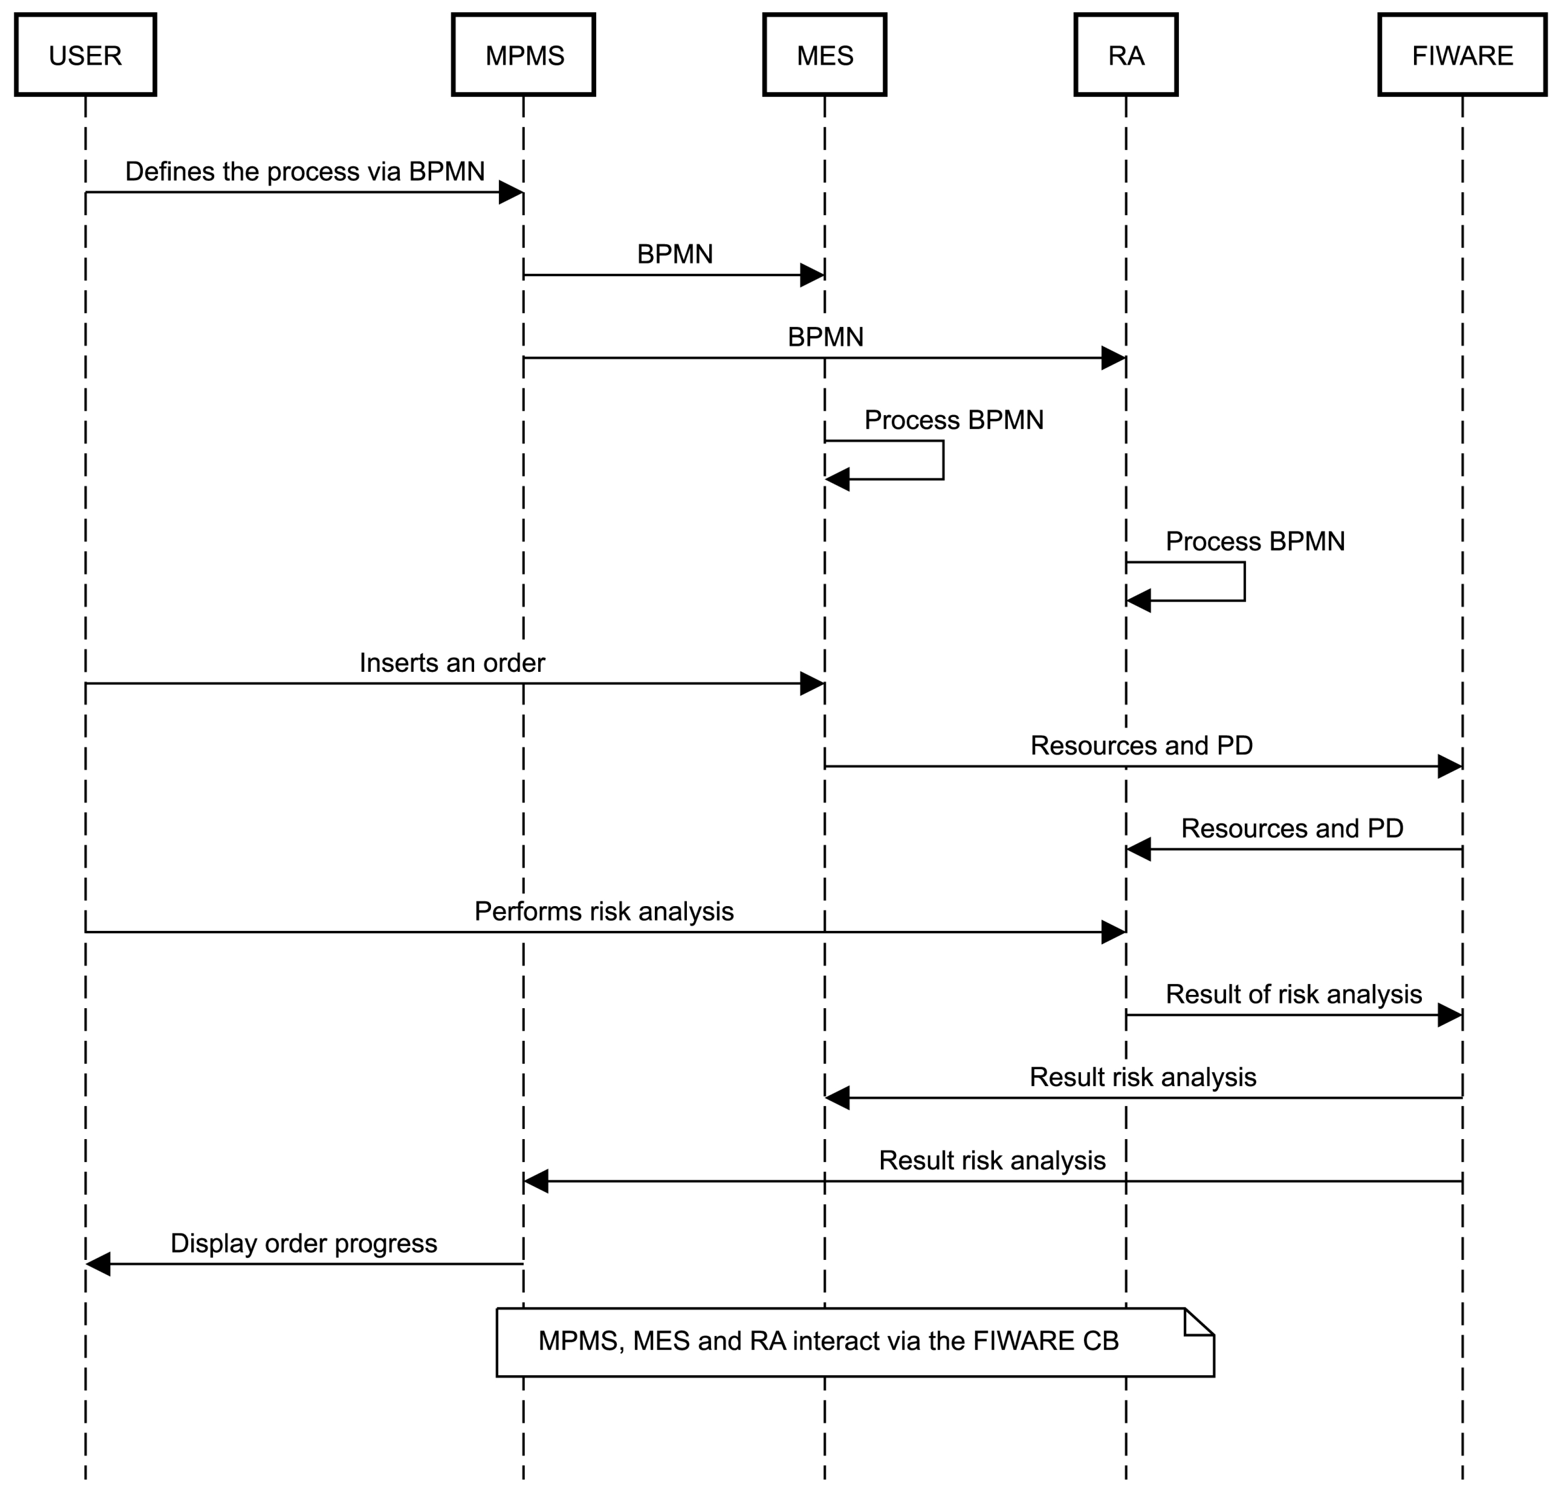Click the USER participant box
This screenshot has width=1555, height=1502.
(x=85, y=55)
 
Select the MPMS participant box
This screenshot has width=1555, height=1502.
(x=524, y=55)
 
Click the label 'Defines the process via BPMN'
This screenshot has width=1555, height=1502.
(x=305, y=171)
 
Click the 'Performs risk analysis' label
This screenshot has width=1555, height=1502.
(x=604, y=911)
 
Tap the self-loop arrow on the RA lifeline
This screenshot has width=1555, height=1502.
(x=1243, y=582)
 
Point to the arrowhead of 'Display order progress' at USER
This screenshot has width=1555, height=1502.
(x=97, y=1264)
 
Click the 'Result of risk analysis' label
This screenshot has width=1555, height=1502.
(x=1293, y=994)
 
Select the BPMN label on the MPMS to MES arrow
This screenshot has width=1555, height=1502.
(x=675, y=254)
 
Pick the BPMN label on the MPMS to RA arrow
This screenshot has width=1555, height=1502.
(x=825, y=337)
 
